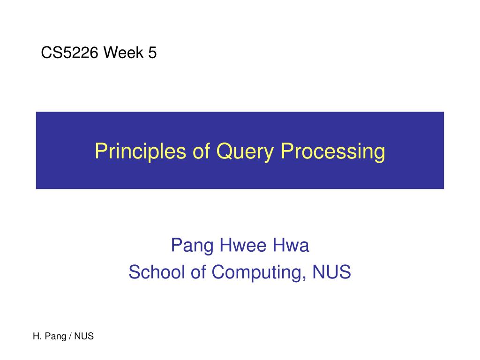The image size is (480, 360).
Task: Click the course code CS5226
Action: click(69, 52)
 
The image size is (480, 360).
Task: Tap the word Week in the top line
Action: click(124, 52)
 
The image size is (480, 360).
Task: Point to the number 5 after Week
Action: click(152, 52)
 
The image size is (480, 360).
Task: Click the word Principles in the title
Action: click(140, 151)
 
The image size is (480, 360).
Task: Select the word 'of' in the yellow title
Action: click(201, 151)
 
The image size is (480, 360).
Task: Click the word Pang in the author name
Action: click(192, 246)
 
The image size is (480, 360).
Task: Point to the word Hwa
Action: click(291, 245)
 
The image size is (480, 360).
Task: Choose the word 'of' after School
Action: click(198, 272)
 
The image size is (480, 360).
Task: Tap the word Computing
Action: click(257, 272)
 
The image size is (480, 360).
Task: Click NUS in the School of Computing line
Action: click(331, 272)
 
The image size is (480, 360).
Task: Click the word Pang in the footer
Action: click(55, 337)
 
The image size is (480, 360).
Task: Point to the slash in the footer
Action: click(70, 336)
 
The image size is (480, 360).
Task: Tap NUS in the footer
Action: click(84, 336)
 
